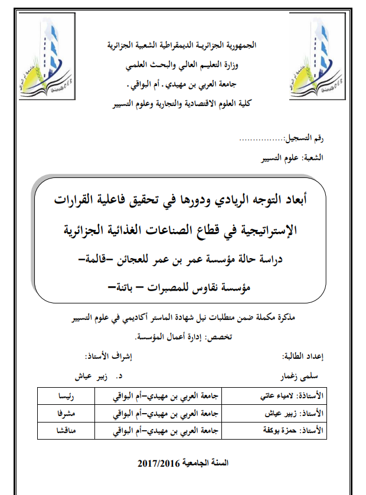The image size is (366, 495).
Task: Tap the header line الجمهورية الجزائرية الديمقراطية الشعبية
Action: (182, 45)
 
